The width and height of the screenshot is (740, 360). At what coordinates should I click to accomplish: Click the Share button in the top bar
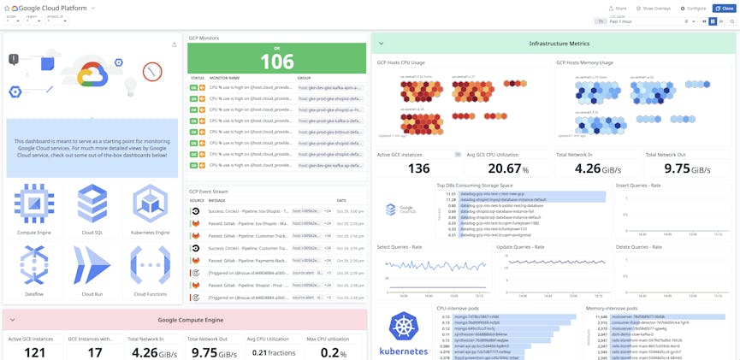pyautogui.click(x=618, y=9)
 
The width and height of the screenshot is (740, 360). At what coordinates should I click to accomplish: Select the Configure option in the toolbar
pyautogui.click(x=695, y=9)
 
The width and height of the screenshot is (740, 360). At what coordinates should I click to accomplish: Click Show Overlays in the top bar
pyautogui.click(x=654, y=9)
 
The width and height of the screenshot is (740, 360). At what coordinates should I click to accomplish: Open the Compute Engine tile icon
pyautogui.click(x=34, y=204)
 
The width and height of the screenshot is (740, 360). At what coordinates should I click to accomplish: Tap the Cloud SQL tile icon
pyautogui.click(x=92, y=204)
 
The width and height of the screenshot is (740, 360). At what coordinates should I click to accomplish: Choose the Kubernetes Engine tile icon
pyautogui.click(x=150, y=204)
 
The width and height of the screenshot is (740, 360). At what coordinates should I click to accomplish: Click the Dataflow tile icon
pyautogui.click(x=34, y=265)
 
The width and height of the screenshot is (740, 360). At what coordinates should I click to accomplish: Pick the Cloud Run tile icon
pyautogui.click(x=92, y=265)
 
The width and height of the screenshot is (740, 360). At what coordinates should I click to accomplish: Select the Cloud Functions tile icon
pyautogui.click(x=150, y=265)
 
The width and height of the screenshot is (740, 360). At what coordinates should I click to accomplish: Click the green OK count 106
pyautogui.click(x=276, y=62)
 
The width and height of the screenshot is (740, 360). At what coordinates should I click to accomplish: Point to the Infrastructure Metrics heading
pyautogui.click(x=559, y=44)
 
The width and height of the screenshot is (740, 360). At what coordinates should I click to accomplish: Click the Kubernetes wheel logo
pyautogui.click(x=403, y=327)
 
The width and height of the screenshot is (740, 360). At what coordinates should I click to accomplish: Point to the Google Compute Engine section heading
pyautogui.click(x=190, y=320)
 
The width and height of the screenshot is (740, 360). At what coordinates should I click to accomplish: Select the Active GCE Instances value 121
pyautogui.click(x=35, y=351)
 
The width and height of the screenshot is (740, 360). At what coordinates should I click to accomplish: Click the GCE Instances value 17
pyautogui.click(x=95, y=351)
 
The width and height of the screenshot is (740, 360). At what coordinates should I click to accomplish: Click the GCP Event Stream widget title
pyautogui.click(x=209, y=192)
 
